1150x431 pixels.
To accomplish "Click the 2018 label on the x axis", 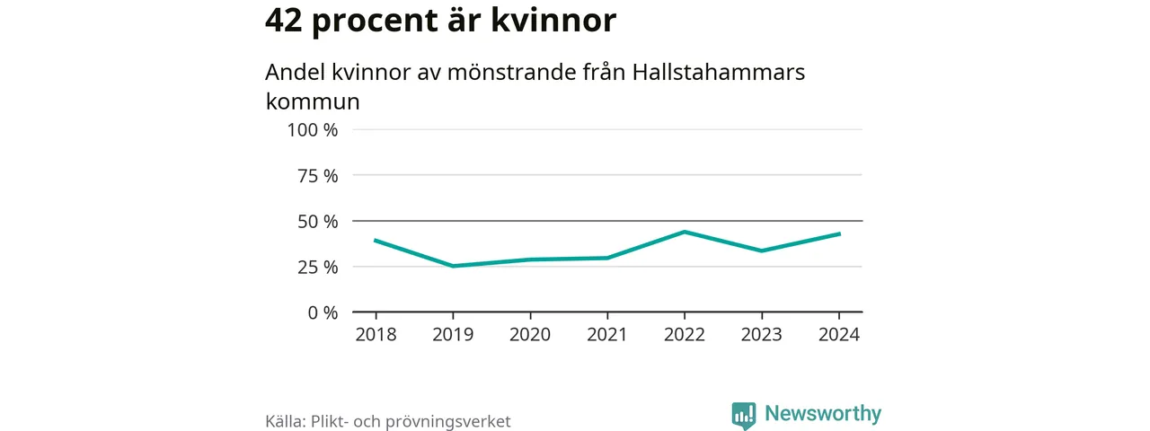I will (376, 335).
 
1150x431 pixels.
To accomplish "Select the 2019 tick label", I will (453, 335).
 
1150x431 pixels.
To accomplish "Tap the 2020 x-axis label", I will (530, 335).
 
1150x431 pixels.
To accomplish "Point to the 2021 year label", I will (607, 335).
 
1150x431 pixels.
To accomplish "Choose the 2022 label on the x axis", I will (685, 335).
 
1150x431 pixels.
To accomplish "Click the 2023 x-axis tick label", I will (762, 335).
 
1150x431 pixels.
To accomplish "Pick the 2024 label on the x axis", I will (839, 335).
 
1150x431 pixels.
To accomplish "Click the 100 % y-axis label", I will (312, 130).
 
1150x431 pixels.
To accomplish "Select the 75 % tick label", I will (317, 176).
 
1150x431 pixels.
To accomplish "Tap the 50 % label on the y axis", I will (317, 222).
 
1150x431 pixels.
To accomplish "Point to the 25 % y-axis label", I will (317, 268).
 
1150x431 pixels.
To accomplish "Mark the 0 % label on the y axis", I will (322, 313).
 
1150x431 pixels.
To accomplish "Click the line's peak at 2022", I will (685, 232).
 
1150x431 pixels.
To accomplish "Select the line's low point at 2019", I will (453, 266).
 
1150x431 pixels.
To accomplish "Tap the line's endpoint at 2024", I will (839, 234).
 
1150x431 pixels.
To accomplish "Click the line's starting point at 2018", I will (376, 241).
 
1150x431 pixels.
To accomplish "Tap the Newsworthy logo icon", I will (743, 414).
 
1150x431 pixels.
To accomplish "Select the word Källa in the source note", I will (284, 421).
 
